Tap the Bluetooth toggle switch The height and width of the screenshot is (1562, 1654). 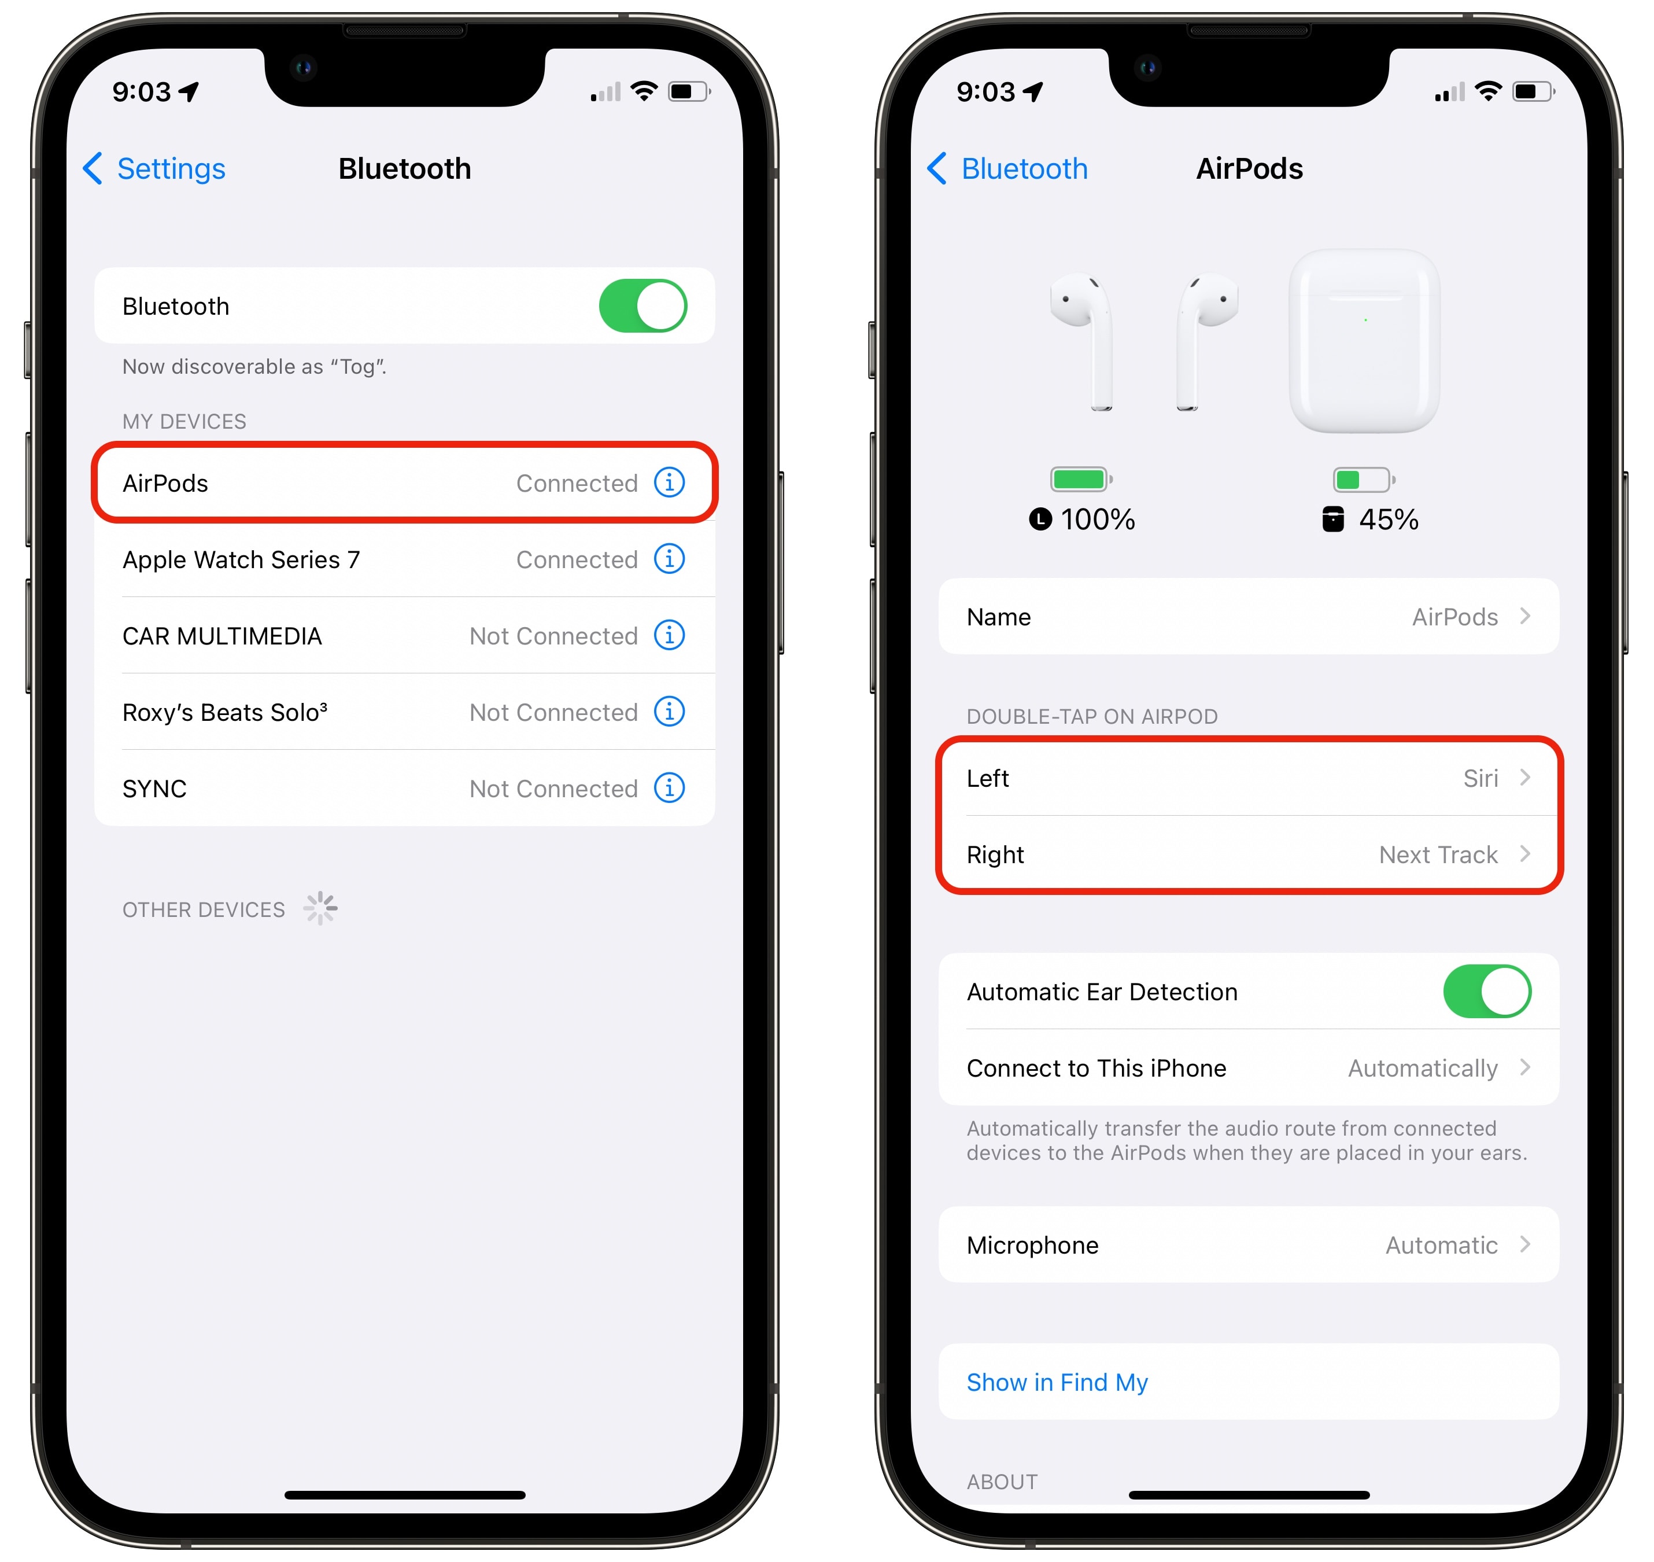[x=643, y=305]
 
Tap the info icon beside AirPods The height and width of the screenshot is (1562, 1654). [x=669, y=482]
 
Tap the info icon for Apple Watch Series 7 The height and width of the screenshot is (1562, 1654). [x=669, y=559]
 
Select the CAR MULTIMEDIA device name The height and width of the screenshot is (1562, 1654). [x=222, y=636]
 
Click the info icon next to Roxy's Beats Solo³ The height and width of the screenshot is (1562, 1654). [x=669, y=712]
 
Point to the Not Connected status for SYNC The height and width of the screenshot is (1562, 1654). [x=553, y=789]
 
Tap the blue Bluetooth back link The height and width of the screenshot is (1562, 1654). [x=1008, y=169]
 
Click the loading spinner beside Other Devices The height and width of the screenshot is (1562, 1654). [x=320, y=908]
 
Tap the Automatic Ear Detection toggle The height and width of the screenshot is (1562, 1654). [x=1487, y=991]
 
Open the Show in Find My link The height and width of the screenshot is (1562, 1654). [x=1057, y=1382]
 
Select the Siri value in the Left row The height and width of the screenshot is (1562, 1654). [x=1481, y=779]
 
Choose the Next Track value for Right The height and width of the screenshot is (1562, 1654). [x=1438, y=855]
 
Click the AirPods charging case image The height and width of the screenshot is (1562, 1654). [x=1364, y=341]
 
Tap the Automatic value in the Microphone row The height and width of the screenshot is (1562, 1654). [x=1442, y=1245]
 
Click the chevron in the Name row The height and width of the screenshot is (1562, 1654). [x=1525, y=616]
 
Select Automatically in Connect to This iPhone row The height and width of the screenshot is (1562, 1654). [x=1423, y=1069]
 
